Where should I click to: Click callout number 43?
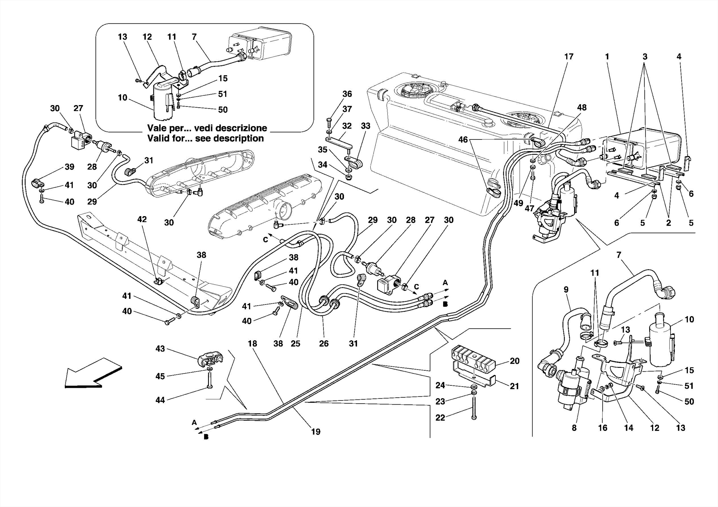point(160,349)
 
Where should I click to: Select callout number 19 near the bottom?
point(316,432)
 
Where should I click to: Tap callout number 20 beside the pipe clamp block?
point(514,361)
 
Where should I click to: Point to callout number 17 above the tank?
point(569,56)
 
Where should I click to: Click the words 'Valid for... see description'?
point(205,138)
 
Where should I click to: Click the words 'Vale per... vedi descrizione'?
point(207,128)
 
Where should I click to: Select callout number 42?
point(142,219)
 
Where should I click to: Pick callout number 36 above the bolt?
point(347,94)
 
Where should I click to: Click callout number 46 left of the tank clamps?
point(463,139)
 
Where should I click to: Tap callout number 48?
point(582,108)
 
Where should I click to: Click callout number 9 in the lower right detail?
point(566,290)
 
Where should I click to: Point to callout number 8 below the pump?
point(574,428)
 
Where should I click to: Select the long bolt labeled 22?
point(474,408)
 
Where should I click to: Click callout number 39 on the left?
point(69,167)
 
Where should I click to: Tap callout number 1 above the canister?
point(607,56)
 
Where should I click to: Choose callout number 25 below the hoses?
point(295,343)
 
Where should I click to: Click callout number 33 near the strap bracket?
point(365,126)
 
